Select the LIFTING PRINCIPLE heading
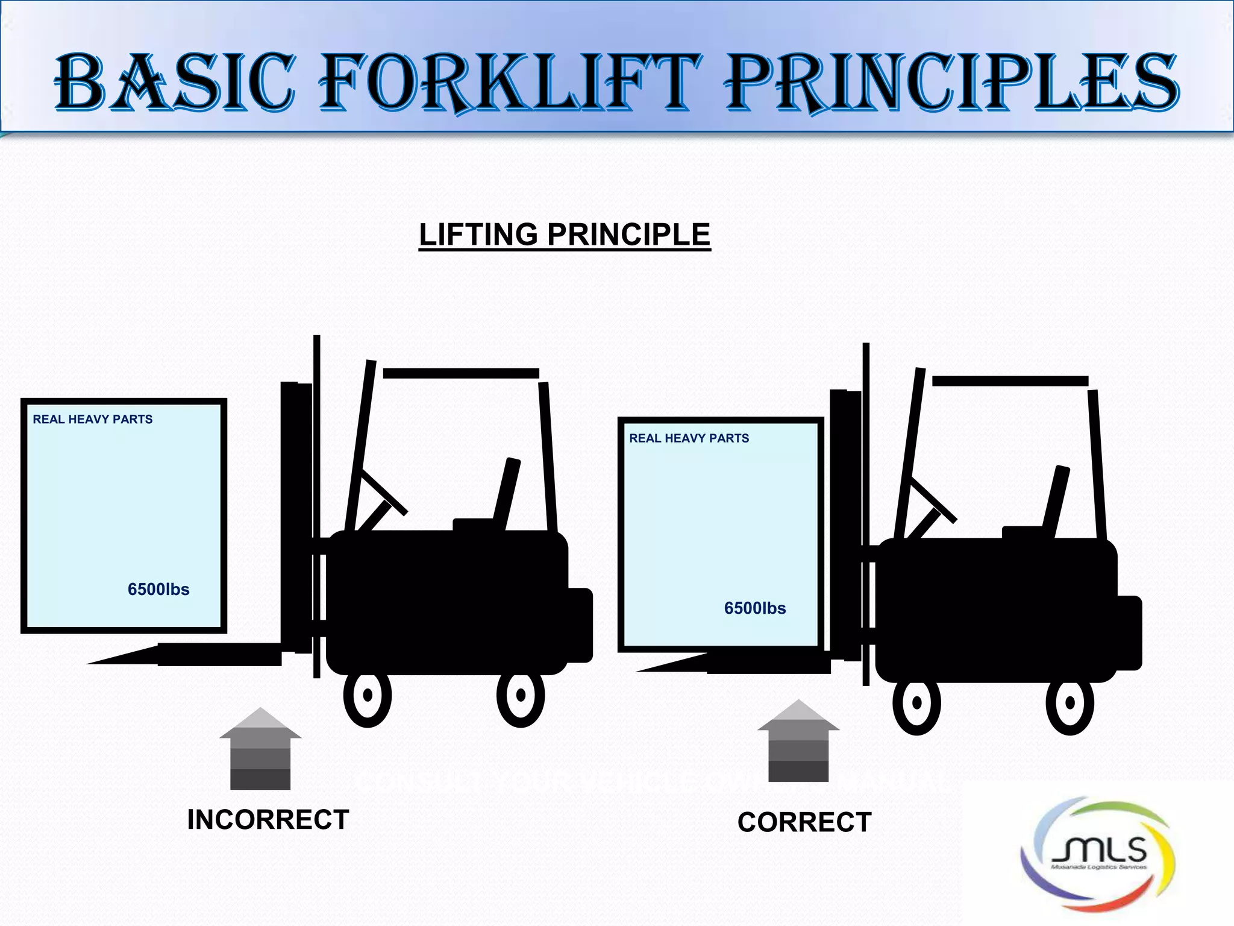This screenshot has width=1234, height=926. point(565,235)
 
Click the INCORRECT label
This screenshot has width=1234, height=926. point(268,820)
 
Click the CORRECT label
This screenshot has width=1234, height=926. point(804,822)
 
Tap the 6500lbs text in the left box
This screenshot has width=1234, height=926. point(158,589)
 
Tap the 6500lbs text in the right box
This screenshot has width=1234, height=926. point(755,608)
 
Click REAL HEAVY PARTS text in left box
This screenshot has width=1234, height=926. point(93,420)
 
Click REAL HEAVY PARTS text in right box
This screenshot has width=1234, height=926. point(689,438)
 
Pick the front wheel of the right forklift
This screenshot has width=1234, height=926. point(917,704)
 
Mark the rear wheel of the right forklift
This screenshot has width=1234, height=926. point(1070,704)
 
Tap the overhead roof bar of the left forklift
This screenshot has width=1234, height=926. point(461,374)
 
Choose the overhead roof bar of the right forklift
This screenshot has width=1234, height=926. point(1010,381)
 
